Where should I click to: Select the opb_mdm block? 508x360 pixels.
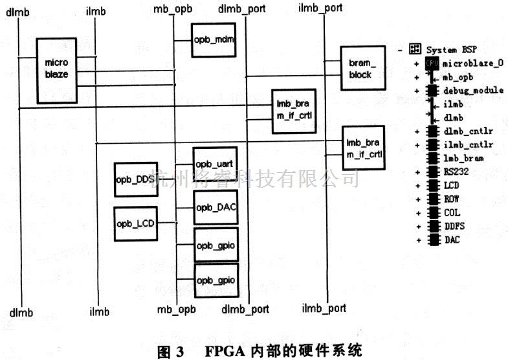(x=213, y=40)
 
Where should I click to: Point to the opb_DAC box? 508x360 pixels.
(x=215, y=207)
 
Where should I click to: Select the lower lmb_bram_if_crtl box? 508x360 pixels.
(x=363, y=148)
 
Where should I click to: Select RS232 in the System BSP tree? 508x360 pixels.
(x=456, y=172)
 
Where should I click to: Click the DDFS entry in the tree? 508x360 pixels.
(x=454, y=226)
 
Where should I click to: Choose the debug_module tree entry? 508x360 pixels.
(x=473, y=90)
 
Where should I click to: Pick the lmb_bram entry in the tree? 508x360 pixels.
(x=463, y=158)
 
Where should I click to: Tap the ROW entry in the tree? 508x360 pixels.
(x=452, y=199)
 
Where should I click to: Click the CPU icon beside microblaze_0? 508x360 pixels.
(x=432, y=63)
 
